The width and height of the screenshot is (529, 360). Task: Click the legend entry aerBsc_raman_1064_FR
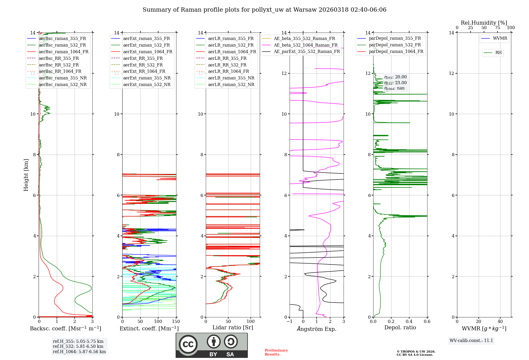[63, 52]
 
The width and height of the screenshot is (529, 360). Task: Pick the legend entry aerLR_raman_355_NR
[231, 78]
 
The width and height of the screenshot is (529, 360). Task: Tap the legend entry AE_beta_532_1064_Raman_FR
[305, 45]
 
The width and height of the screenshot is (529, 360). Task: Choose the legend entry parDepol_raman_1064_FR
[396, 52]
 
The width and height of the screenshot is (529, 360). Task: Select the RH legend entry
[498, 53]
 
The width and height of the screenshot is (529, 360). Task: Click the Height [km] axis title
[26, 175]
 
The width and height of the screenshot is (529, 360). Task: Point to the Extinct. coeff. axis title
[149, 328]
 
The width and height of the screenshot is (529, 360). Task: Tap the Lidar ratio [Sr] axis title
[233, 328]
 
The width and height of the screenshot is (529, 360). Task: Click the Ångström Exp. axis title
[317, 329]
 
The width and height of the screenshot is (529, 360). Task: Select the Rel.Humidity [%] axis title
[484, 23]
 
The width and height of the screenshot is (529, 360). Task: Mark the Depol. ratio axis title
[400, 328]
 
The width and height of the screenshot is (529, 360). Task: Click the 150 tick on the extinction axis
[176, 322]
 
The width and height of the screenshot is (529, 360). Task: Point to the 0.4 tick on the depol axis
[409, 322]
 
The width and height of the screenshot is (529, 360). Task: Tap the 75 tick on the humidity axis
[497, 28]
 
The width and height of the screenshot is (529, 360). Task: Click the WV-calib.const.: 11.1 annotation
[471, 341]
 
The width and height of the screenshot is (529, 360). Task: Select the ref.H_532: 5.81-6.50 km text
[78, 346]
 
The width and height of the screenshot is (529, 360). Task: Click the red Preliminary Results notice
[276, 352]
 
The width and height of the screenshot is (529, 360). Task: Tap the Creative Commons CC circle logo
[188, 344]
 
